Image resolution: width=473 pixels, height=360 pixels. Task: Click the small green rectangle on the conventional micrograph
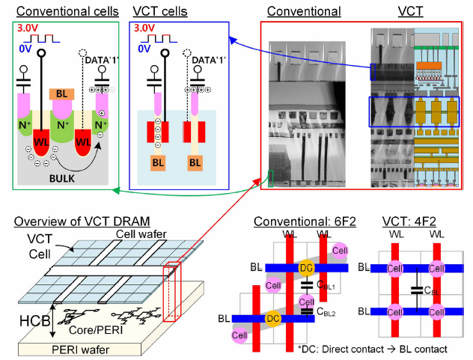pos(270,176)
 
